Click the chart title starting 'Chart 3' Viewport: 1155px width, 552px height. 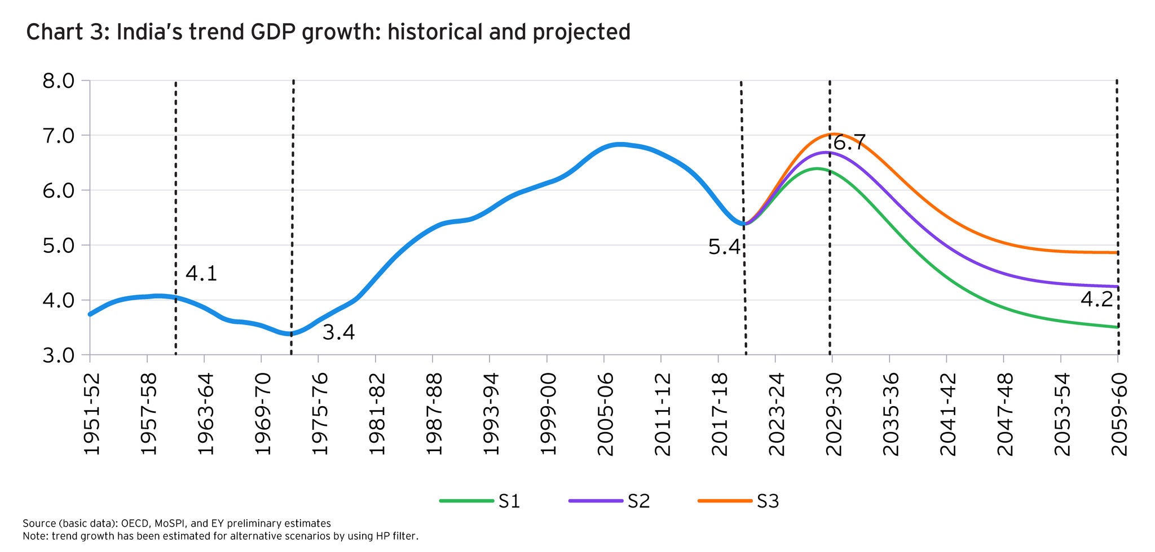(328, 32)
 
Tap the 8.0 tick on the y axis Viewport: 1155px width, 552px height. (58, 81)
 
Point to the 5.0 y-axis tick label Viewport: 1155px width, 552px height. (58, 246)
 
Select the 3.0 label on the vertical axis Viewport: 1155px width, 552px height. (58, 355)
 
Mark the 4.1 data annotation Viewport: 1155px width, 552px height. (201, 274)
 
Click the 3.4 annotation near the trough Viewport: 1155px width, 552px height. (338, 332)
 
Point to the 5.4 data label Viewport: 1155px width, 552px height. (724, 247)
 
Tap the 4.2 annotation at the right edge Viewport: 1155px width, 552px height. (1096, 299)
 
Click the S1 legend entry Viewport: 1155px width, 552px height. (509, 501)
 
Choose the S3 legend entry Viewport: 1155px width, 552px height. (767, 501)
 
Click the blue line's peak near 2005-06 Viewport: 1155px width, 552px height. (619, 144)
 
